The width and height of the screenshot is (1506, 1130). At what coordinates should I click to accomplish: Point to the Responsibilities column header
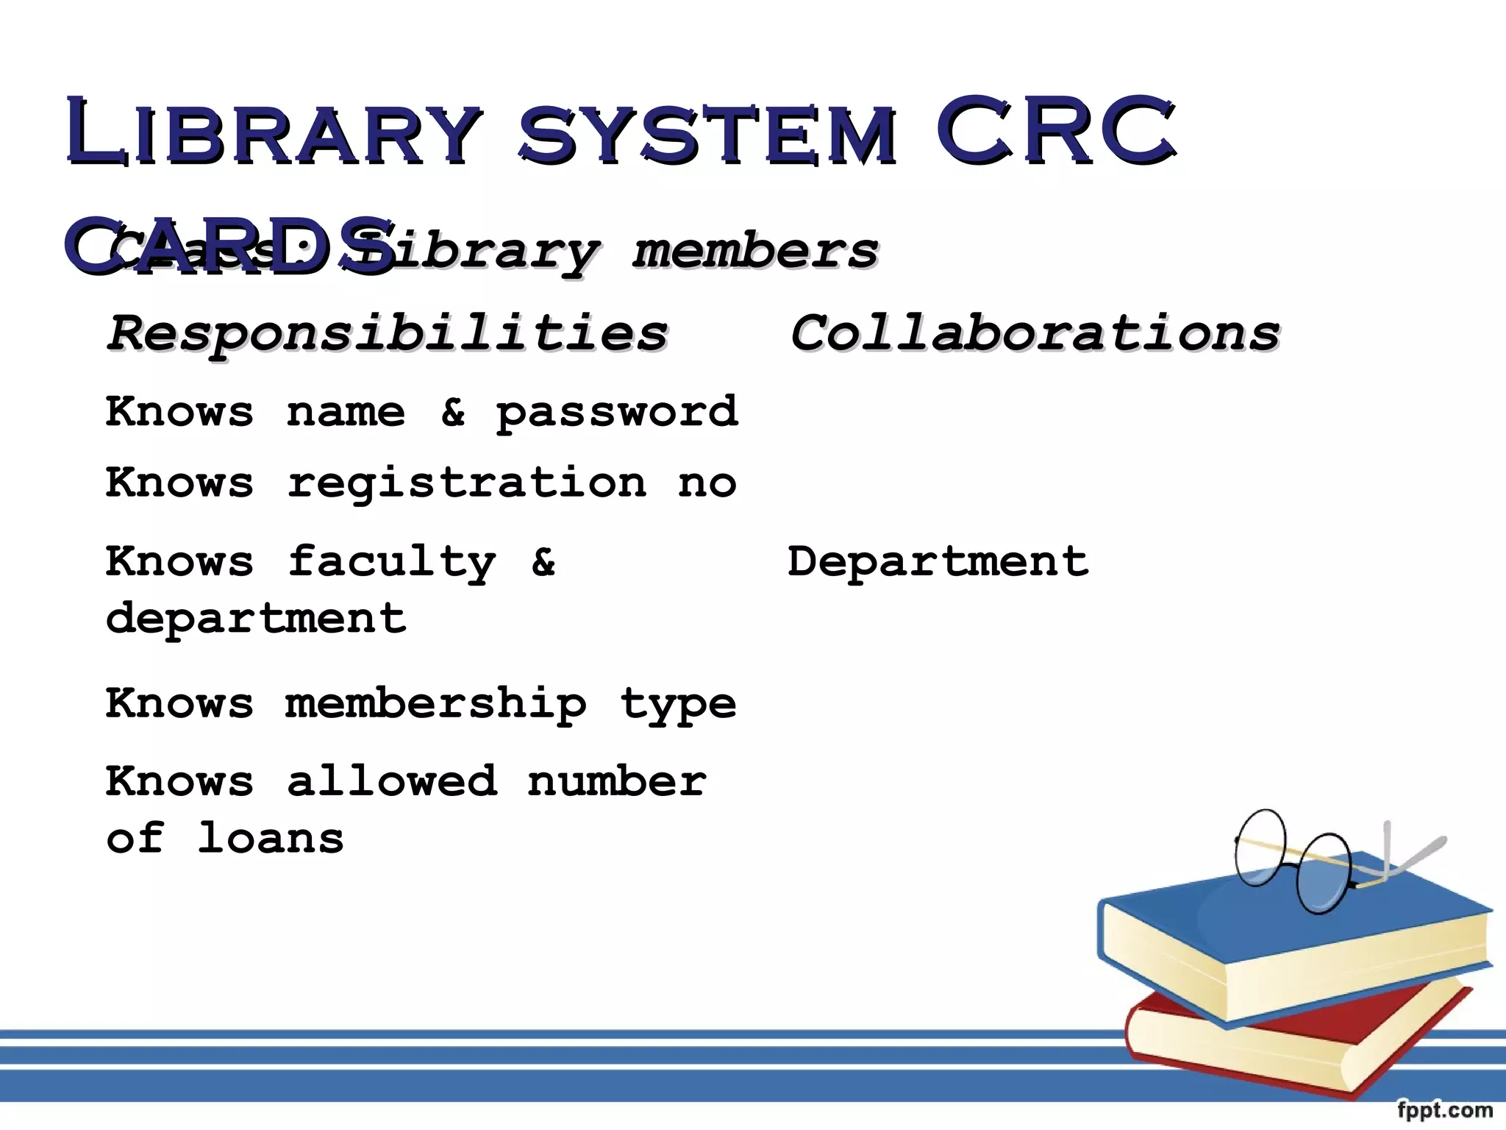pos(388,333)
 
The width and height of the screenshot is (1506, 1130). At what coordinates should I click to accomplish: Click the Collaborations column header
pos(1035,333)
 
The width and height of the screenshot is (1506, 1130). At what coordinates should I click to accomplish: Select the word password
pos(616,412)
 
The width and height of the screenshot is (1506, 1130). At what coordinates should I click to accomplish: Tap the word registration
pos(467,483)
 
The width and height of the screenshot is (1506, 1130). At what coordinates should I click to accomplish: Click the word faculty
pos(391,563)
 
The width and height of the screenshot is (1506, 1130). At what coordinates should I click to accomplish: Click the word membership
pos(435,704)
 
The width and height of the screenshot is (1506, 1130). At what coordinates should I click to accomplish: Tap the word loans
pos(271,838)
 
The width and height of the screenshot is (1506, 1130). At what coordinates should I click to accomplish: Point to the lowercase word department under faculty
pos(255,617)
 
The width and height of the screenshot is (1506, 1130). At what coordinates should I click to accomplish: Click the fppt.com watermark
pos(1444,1109)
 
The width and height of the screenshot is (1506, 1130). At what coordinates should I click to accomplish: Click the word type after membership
pos(677,705)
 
